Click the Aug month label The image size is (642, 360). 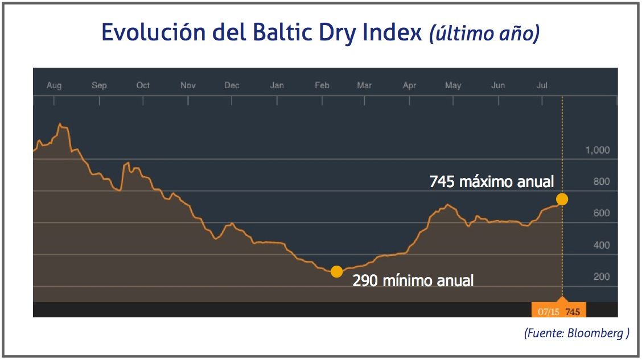[x=54, y=86]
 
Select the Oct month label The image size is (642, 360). [x=143, y=86]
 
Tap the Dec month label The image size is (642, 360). [x=232, y=86]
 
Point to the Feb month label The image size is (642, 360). [x=322, y=86]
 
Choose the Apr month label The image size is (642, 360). [x=409, y=86]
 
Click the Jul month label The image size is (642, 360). [x=542, y=86]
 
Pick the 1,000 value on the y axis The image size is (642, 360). [x=597, y=150]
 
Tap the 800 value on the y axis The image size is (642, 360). [x=602, y=182]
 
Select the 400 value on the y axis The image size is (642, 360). [x=602, y=245]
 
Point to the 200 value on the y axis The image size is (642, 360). [x=602, y=277]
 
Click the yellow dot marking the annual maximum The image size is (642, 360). [x=562, y=199]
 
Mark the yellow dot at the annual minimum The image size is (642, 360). [x=336, y=271]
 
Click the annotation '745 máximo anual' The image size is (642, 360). [x=492, y=182]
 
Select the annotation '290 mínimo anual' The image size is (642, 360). [x=413, y=280]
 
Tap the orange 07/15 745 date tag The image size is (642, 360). [x=558, y=312]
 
